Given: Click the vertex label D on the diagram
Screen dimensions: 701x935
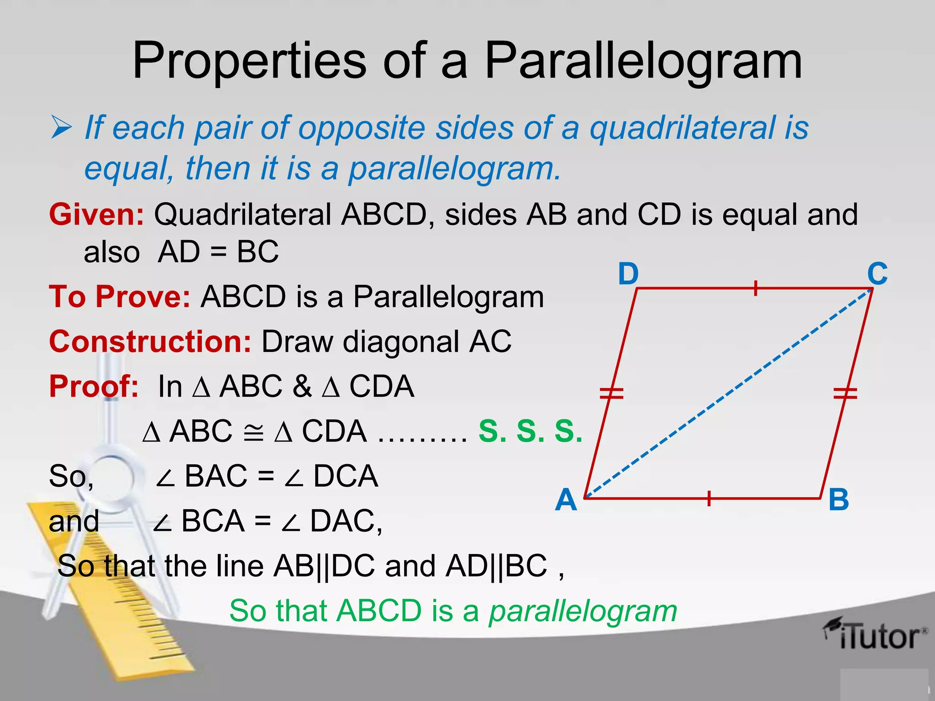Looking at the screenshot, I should tap(628, 274).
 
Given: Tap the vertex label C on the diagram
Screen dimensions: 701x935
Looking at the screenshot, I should tap(877, 274).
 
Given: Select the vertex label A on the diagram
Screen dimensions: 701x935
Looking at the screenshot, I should tap(566, 500).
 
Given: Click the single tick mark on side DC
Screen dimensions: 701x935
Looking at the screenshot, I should tap(756, 288).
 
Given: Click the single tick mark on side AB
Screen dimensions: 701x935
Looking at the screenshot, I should tap(709, 498).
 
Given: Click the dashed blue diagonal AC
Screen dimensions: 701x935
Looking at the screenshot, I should tap(730, 392).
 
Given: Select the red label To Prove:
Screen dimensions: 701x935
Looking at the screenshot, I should tap(120, 297).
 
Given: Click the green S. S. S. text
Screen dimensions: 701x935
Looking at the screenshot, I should tap(531, 431).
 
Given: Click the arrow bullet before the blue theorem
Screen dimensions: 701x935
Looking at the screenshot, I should tap(61, 128).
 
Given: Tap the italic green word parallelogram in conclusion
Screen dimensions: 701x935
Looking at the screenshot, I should tap(583, 611).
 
